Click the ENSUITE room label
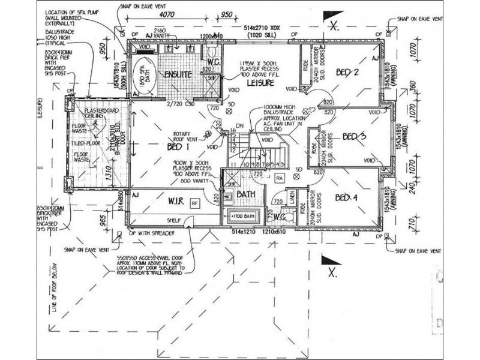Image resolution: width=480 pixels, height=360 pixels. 175,75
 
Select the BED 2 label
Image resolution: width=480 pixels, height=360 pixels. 347,73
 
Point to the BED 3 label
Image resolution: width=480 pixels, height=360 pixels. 354,137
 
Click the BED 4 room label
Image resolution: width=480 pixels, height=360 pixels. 346,197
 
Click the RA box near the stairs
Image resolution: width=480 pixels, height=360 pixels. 279,178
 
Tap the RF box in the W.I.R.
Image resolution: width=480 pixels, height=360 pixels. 194,203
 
